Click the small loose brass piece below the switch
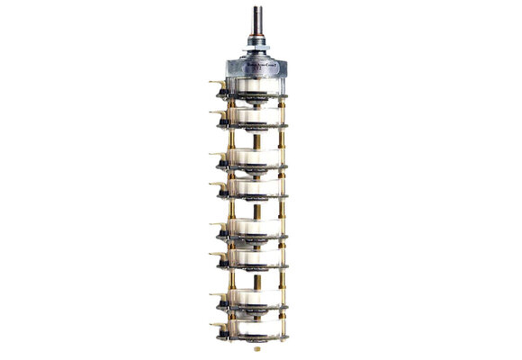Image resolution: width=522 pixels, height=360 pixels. coord(257,346)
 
